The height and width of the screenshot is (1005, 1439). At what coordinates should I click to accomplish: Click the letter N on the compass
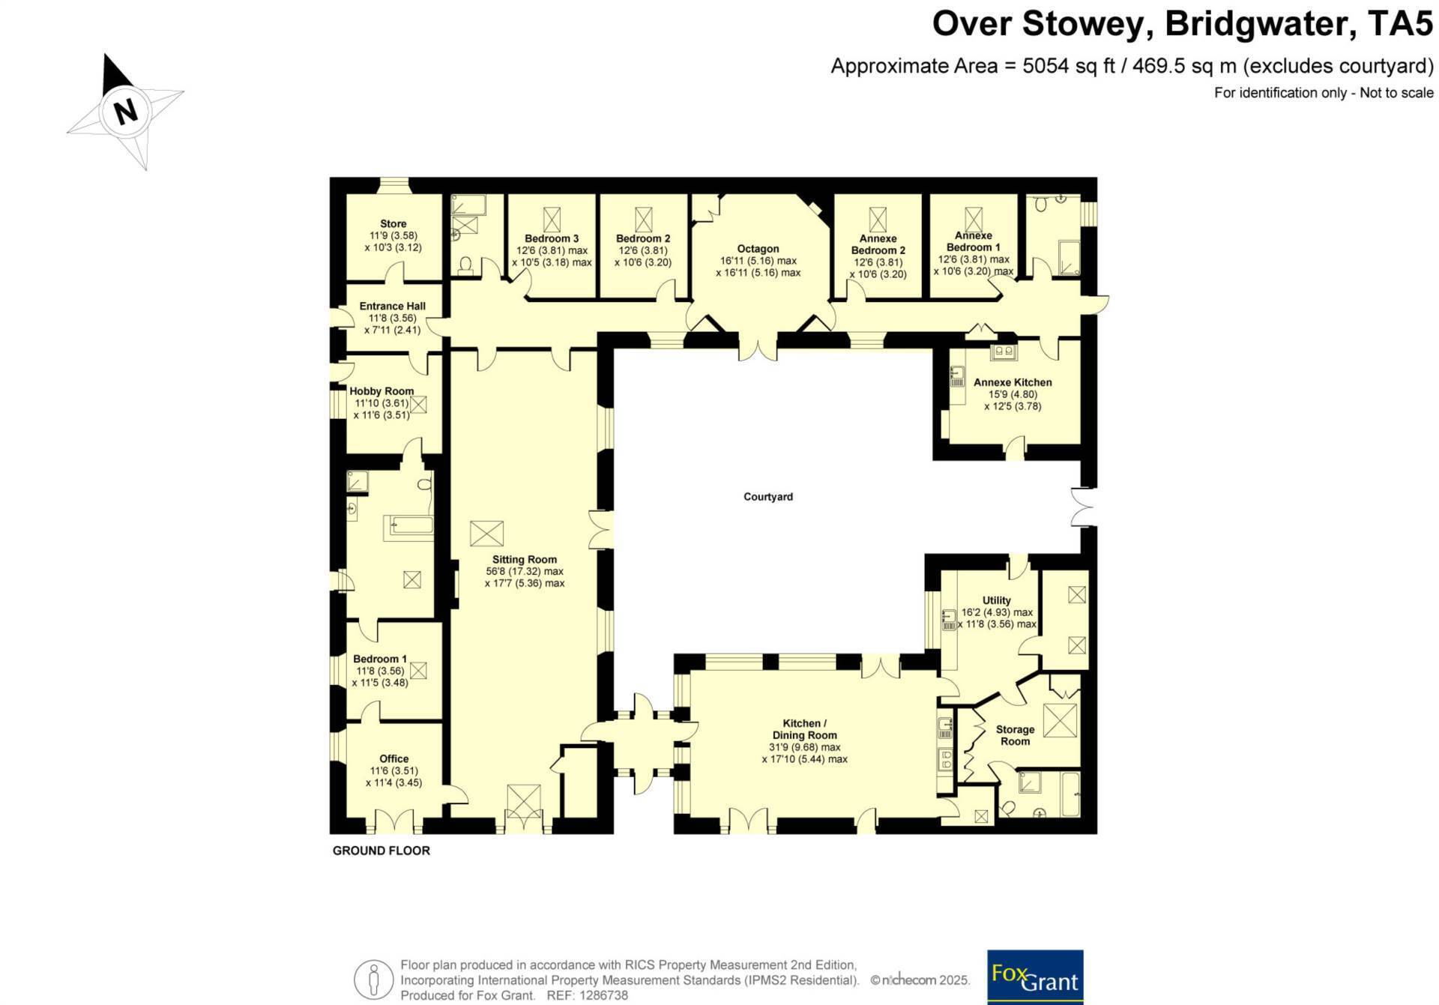click(x=126, y=112)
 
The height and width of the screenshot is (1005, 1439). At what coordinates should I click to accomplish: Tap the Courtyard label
click(x=768, y=496)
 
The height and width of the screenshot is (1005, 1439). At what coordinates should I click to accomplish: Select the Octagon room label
click(x=758, y=249)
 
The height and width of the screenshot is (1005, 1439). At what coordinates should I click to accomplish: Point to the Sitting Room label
click(x=525, y=559)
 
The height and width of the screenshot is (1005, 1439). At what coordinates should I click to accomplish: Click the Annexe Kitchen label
click(x=1013, y=382)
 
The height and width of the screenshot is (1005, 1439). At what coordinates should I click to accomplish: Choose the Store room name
click(x=393, y=223)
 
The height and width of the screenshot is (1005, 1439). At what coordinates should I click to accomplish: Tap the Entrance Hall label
click(x=392, y=306)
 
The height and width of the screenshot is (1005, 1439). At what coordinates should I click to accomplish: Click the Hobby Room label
click(x=381, y=390)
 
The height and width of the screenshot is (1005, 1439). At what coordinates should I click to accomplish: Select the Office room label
click(x=393, y=758)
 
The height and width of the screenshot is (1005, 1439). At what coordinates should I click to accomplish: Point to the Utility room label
click(x=996, y=600)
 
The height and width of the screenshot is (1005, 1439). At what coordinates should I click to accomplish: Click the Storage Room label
click(x=1015, y=735)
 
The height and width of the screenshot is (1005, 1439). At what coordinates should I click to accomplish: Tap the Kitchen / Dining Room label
click(x=804, y=729)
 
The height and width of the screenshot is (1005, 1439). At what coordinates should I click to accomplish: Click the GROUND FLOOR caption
click(x=381, y=851)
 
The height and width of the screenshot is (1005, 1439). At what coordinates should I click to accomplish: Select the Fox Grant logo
click(x=1035, y=977)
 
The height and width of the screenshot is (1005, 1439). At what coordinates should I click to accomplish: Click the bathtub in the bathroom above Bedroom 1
click(x=408, y=528)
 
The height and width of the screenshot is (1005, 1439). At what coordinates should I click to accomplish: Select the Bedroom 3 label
click(x=552, y=238)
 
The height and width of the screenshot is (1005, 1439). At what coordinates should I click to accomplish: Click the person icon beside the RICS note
click(x=373, y=980)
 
